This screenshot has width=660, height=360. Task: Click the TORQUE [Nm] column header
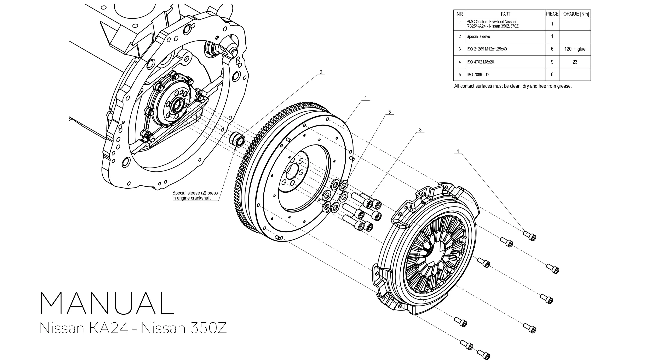pyautogui.click(x=575, y=14)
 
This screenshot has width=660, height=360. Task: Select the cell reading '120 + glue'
pyautogui.click(x=575, y=49)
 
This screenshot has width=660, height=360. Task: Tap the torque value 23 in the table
pyautogui.click(x=575, y=62)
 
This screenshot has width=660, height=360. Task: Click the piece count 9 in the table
pyautogui.click(x=552, y=62)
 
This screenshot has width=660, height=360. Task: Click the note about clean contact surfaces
pyautogui.click(x=513, y=86)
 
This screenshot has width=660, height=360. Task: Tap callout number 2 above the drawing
pyautogui.click(x=321, y=72)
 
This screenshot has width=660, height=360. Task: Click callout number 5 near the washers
pyautogui.click(x=389, y=112)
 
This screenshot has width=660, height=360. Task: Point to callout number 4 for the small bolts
pyautogui.click(x=458, y=151)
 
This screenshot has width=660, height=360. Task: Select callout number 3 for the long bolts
pyautogui.click(x=420, y=130)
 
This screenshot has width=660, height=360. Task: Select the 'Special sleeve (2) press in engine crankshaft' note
pyautogui.click(x=195, y=195)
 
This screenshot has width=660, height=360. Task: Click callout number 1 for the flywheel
pyautogui.click(x=366, y=98)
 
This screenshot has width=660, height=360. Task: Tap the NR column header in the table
pyautogui.click(x=460, y=14)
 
